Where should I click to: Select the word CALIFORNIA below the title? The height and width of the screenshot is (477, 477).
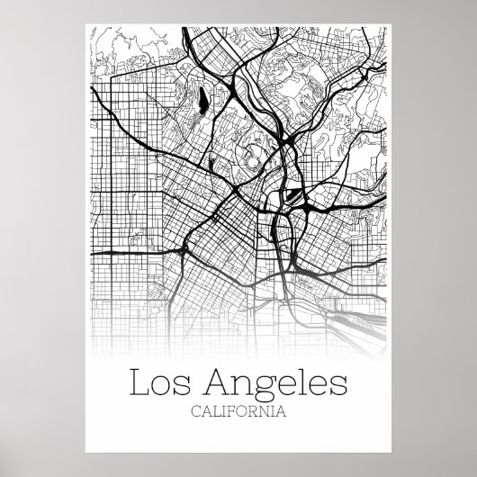pos(238,413)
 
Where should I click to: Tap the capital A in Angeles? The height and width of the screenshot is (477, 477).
pos(217,382)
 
